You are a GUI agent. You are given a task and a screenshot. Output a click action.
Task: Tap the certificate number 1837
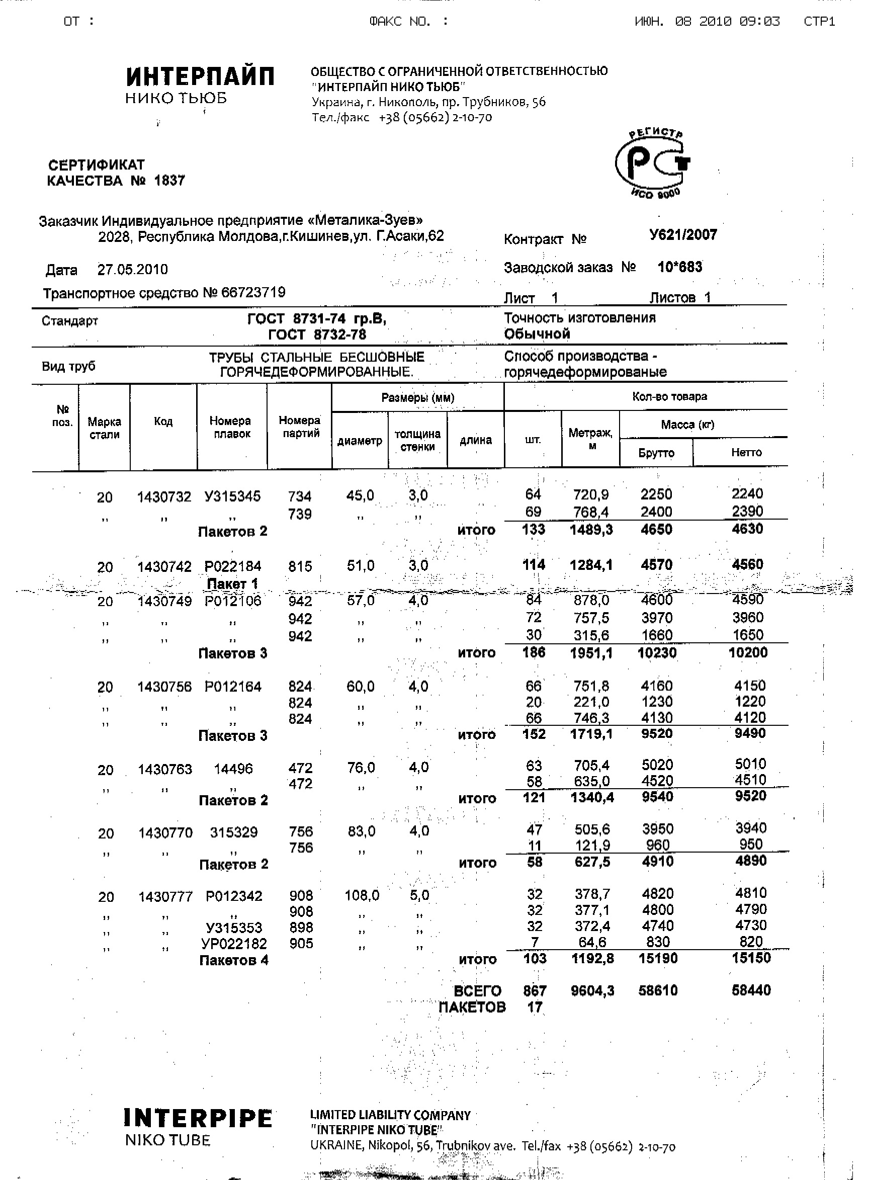169,181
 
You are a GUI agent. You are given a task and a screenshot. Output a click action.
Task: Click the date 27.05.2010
133,270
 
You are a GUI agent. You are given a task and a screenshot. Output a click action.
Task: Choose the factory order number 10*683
679,267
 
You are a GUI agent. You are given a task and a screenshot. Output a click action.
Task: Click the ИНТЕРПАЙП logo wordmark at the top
200,77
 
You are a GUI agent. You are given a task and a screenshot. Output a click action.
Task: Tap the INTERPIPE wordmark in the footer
198,1119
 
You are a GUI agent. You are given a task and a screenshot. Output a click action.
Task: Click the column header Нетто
746,452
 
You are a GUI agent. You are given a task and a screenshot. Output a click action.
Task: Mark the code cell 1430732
164,497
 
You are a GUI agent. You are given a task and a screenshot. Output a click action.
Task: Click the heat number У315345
232,496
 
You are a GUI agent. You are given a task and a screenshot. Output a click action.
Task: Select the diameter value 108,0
362,895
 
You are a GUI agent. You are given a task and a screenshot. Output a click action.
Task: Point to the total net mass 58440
751,990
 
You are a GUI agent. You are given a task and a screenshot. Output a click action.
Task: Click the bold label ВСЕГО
477,991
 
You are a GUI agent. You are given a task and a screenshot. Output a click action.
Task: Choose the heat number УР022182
234,943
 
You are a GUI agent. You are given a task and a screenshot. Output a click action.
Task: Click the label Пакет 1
232,584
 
